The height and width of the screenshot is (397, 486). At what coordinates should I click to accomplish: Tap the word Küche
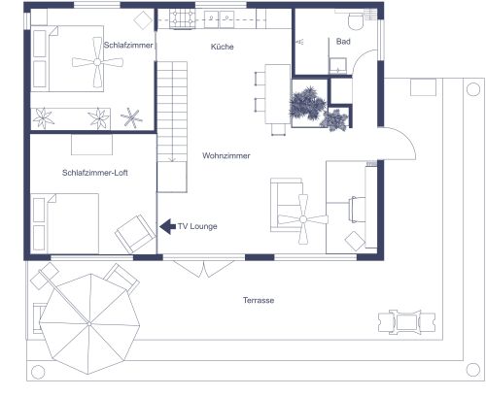[223, 47]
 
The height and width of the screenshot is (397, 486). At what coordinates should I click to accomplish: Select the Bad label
[342, 43]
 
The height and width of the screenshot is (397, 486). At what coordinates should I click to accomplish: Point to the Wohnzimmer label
[227, 155]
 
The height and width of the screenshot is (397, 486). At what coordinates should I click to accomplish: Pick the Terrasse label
[259, 301]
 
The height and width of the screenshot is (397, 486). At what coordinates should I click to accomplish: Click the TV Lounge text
[197, 227]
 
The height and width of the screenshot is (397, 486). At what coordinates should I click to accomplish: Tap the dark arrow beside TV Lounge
[166, 227]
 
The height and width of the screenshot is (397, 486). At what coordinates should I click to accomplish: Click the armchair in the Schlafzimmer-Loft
[133, 234]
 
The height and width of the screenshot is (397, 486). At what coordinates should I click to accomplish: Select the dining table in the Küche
[277, 97]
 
